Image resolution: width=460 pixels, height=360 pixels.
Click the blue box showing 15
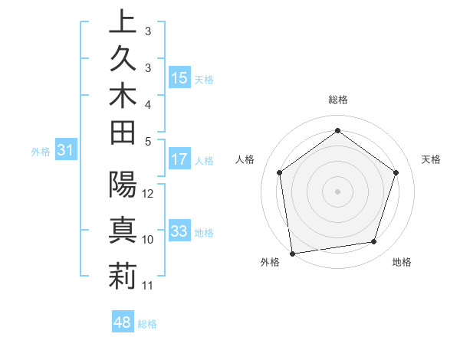tap(179, 77)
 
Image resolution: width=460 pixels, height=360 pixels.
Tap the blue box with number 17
tap(179, 159)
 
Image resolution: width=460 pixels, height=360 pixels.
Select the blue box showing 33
tap(179, 231)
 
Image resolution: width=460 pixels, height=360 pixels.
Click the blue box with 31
tap(66, 150)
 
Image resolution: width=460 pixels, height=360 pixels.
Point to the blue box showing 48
tap(123, 322)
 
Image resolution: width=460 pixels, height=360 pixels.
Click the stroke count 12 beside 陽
tap(149, 193)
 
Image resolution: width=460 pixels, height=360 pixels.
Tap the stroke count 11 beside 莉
tap(148, 286)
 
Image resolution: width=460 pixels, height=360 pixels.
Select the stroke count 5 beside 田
tap(148, 141)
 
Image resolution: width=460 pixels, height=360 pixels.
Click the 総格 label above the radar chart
tap(338, 100)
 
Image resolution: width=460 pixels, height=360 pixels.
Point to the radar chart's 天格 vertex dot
tap(396, 172)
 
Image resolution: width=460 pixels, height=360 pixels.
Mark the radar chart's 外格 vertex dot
tap(292, 252)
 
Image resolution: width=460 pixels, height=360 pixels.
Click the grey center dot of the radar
tap(337, 191)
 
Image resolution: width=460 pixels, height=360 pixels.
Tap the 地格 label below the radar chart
tap(402, 263)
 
